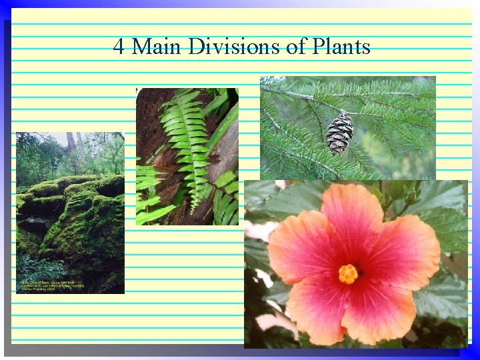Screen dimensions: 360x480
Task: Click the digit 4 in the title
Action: pyautogui.click(x=119, y=47)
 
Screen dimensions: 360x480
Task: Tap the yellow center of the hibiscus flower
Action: pyautogui.click(x=348, y=273)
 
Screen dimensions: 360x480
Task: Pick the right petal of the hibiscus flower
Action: pyautogui.click(x=407, y=250)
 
